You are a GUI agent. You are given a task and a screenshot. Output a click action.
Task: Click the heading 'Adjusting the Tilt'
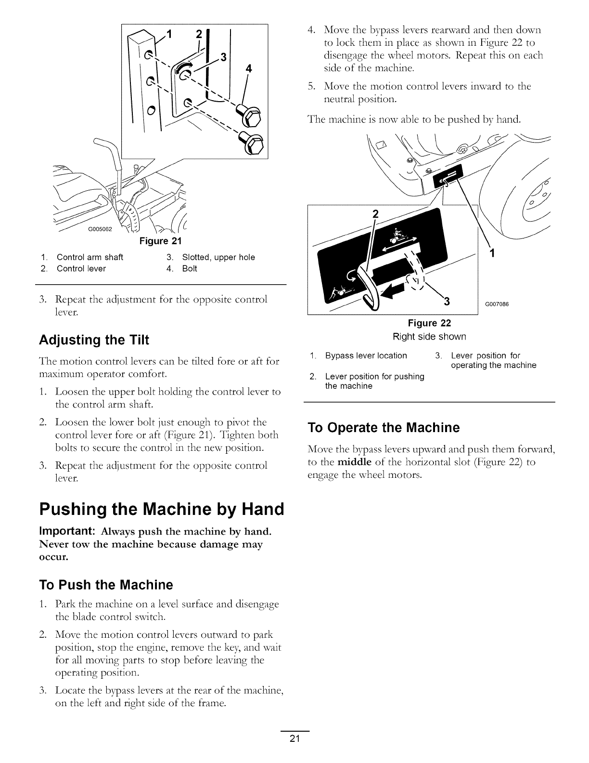click(x=94, y=340)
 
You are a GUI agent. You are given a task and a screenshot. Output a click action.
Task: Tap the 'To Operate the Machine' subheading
click(x=384, y=428)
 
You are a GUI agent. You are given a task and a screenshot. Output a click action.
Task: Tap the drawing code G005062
click(x=99, y=229)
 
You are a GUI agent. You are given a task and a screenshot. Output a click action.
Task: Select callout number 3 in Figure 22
click(x=446, y=302)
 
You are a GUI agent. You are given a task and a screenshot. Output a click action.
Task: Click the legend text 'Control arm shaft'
click(x=90, y=257)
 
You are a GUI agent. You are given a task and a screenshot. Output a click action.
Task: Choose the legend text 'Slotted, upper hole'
click(x=218, y=257)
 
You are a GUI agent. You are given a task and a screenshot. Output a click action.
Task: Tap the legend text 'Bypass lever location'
click(x=366, y=356)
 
